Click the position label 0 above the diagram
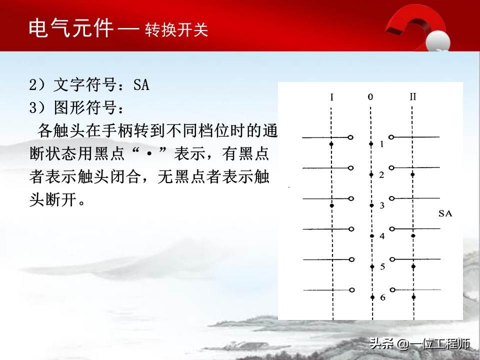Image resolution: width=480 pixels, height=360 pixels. click(x=370, y=97)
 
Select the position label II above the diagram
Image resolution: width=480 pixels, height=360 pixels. click(x=412, y=97)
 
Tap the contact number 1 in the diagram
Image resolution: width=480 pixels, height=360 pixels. click(x=381, y=144)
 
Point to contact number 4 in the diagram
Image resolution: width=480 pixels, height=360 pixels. click(x=382, y=236)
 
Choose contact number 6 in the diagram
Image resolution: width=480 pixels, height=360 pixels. click(x=382, y=298)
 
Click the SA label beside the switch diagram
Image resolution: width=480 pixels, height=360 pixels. click(x=445, y=213)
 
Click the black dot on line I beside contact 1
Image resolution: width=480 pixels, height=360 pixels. click(x=331, y=144)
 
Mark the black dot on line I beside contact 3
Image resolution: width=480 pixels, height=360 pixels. click(x=331, y=205)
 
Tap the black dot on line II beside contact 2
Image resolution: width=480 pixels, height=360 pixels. click(x=412, y=174)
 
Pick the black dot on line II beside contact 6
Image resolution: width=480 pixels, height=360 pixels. click(x=413, y=297)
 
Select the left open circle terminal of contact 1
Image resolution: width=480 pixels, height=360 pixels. click(x=351, y=137)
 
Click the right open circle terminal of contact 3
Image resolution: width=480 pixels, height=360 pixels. click(x=392, y=198)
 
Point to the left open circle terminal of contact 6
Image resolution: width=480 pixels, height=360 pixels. click(x=352, y=290)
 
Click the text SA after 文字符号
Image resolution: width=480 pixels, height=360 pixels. click(x=141, y=85)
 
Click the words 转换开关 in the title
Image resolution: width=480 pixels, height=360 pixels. click(x=176, y=30)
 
